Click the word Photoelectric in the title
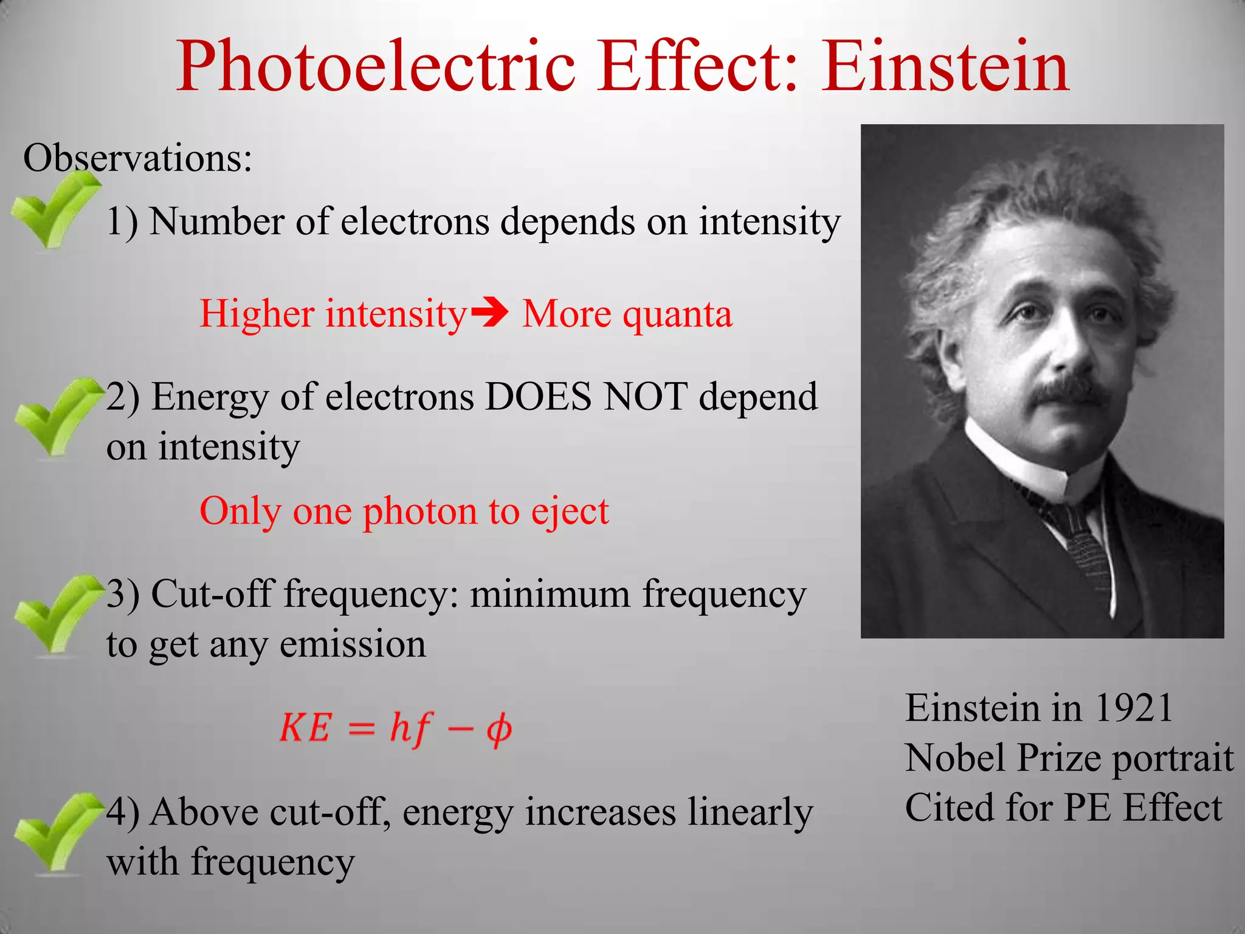tap(376, 66)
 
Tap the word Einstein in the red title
tap(945, 66)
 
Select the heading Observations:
tap(137, 158)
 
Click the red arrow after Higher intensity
tap(490, 314)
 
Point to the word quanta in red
tap(677, 315)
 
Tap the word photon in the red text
tap(419, 512)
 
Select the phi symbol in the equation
tap(498, 728)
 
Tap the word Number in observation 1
tap(216, 221)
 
